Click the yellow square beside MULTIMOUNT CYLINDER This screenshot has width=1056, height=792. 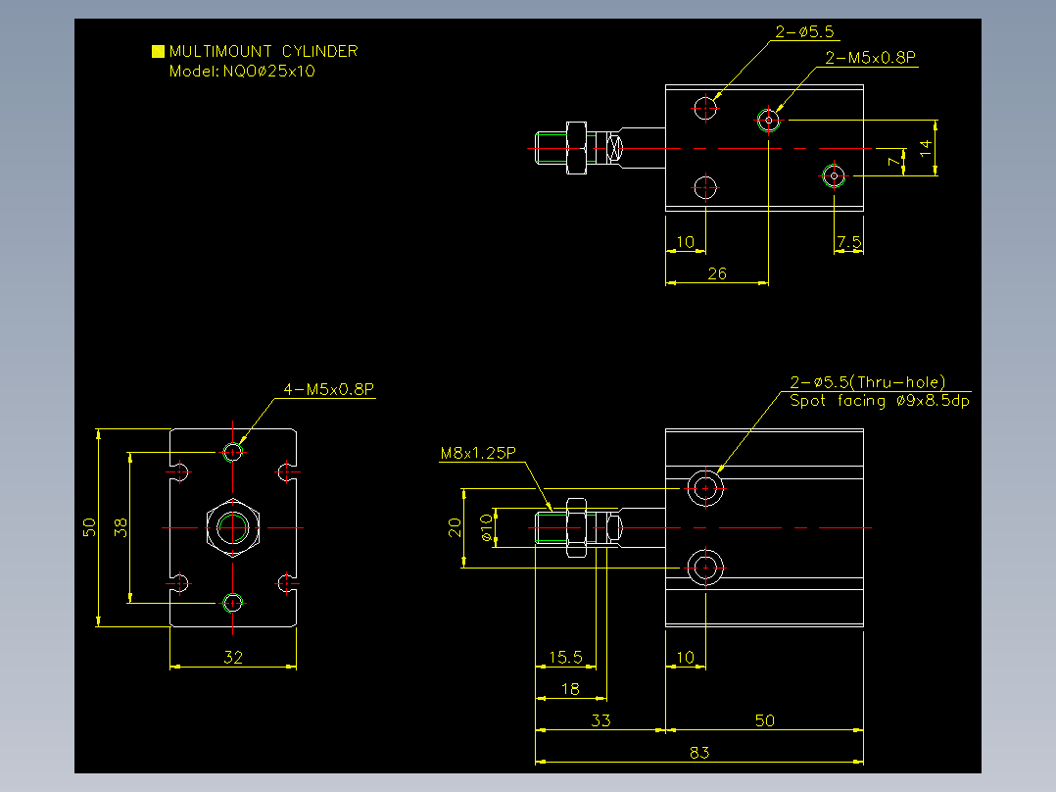click(159, 51)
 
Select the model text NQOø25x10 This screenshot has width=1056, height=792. click(268, 72)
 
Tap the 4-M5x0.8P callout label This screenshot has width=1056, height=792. click(329, 389)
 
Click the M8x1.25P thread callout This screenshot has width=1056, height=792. click(478, 453)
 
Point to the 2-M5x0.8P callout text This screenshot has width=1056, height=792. click(871, 57)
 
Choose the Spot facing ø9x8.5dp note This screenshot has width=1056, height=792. click(880, 401)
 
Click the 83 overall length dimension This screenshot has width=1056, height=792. click(699, 752)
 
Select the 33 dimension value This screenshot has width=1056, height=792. click(600, 720)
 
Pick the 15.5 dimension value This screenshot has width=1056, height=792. click(566, 657)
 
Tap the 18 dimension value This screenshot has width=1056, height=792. click(570, 689)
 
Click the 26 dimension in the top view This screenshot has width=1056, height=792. click(717, 273)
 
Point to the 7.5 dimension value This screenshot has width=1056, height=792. click(849, 242)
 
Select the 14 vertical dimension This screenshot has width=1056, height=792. click(926, 148)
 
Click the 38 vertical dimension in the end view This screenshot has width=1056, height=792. click(120, 527)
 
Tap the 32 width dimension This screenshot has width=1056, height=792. click(233, 657)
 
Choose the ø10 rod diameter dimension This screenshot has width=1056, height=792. click(486, 527)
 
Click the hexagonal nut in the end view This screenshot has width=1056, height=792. click(233, 527)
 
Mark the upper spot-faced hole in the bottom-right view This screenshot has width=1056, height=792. click(705, 488)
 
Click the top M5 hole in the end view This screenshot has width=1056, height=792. click(233, 452)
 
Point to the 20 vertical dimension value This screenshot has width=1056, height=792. click(455, 527)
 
